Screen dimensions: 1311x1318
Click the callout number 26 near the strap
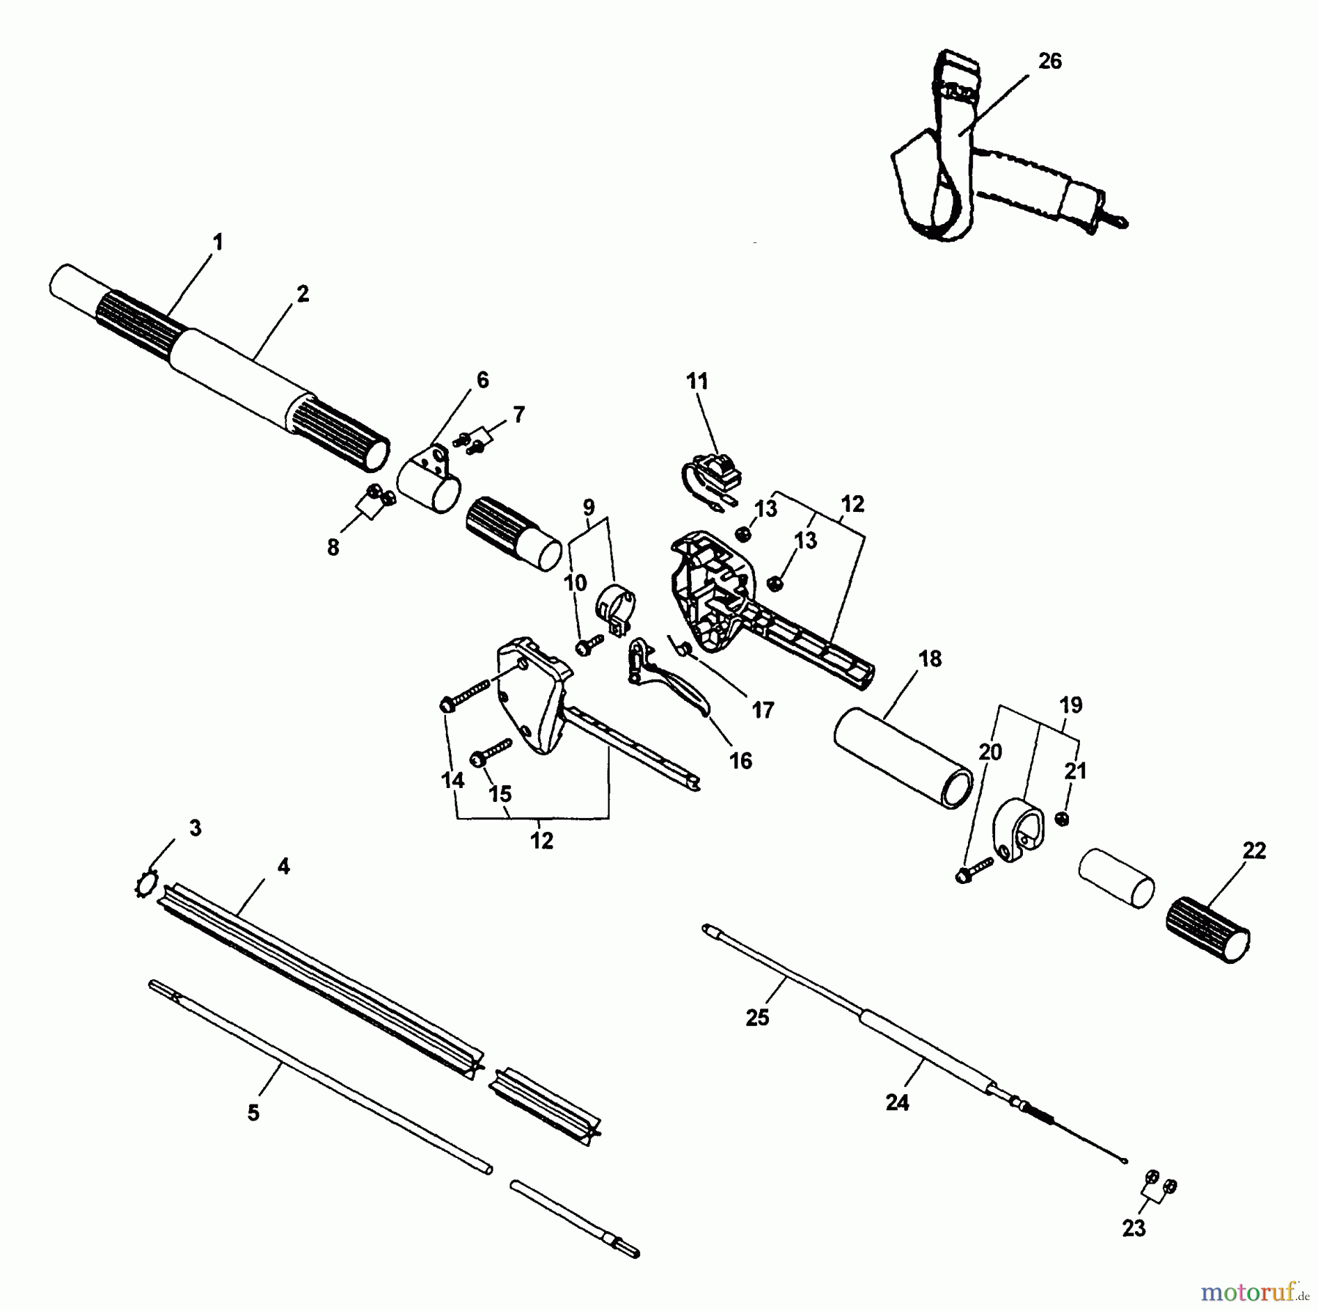(1049, 62)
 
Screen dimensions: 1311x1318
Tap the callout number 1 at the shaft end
(217, 242)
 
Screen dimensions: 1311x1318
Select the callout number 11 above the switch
(697, 381)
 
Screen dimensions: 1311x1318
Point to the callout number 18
(929, 658)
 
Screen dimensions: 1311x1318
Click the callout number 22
(1254, 850)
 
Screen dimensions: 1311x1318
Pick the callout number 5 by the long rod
(253, 1113)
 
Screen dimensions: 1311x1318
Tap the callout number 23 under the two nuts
(1133, 1228)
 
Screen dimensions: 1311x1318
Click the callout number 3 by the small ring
(195, 828)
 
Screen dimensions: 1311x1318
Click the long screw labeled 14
(465, 696)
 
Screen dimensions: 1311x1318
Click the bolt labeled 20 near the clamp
(974, 869)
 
